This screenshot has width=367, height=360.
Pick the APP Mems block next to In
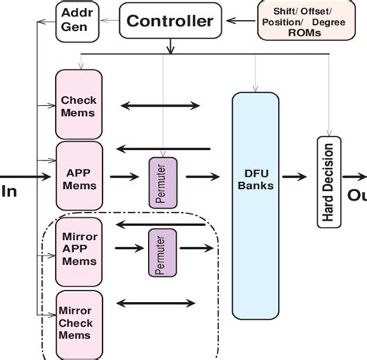pyautogui.click(x=78, y=177)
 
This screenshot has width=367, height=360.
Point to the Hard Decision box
pyautogui.click(x=329, y=181)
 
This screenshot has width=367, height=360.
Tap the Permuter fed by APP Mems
pyautogui.click(x=163, y=183)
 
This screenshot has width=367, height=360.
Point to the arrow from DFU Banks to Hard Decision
pyautogui.click(x=294, y=177)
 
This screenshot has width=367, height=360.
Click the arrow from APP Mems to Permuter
pyautogui.click(x=124, y=177)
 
